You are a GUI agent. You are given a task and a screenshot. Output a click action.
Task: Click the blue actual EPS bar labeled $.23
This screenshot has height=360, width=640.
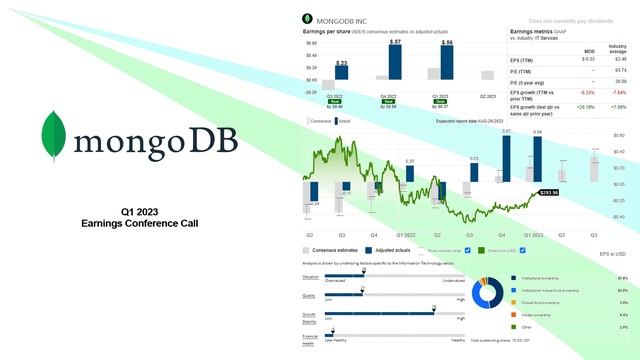342,78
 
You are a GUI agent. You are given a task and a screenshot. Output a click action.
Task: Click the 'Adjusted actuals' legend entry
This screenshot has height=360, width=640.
397,250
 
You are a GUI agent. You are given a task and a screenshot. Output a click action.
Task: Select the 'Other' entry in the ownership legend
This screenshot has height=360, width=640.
525,326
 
